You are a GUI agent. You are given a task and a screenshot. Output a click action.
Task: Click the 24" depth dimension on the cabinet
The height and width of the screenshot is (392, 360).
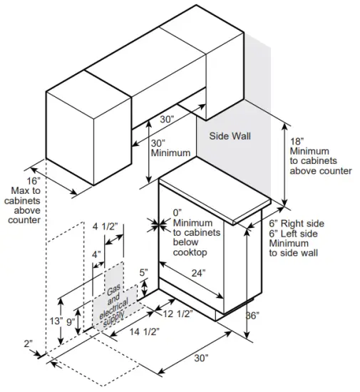[198, 272]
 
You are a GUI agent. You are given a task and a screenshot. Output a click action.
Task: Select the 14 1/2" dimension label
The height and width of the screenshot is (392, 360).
[145, 331]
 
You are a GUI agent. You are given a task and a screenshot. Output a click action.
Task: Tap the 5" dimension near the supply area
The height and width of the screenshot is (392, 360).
[143, 272]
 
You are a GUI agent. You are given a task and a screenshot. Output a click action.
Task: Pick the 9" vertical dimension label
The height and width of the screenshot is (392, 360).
[70, 321]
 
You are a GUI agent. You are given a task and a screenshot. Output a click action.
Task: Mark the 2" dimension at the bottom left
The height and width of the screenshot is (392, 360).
[28, 344]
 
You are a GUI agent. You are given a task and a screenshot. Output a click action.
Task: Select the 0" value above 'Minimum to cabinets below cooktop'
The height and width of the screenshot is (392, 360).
[178, 212]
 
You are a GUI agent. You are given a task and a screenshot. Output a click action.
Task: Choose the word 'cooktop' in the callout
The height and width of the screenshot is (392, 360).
[190, 253]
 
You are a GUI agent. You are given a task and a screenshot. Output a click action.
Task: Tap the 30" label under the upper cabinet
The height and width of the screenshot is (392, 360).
[167, 120]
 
